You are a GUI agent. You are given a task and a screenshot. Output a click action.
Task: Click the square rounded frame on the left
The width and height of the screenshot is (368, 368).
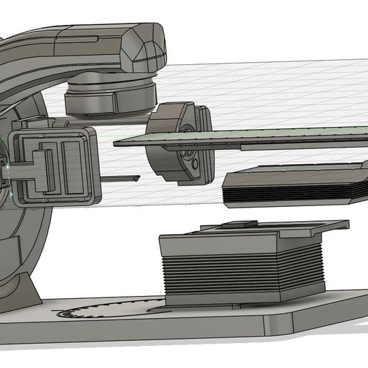coord(54,165)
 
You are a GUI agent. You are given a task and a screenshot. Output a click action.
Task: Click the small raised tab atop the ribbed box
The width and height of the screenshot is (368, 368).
coord(240,224)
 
